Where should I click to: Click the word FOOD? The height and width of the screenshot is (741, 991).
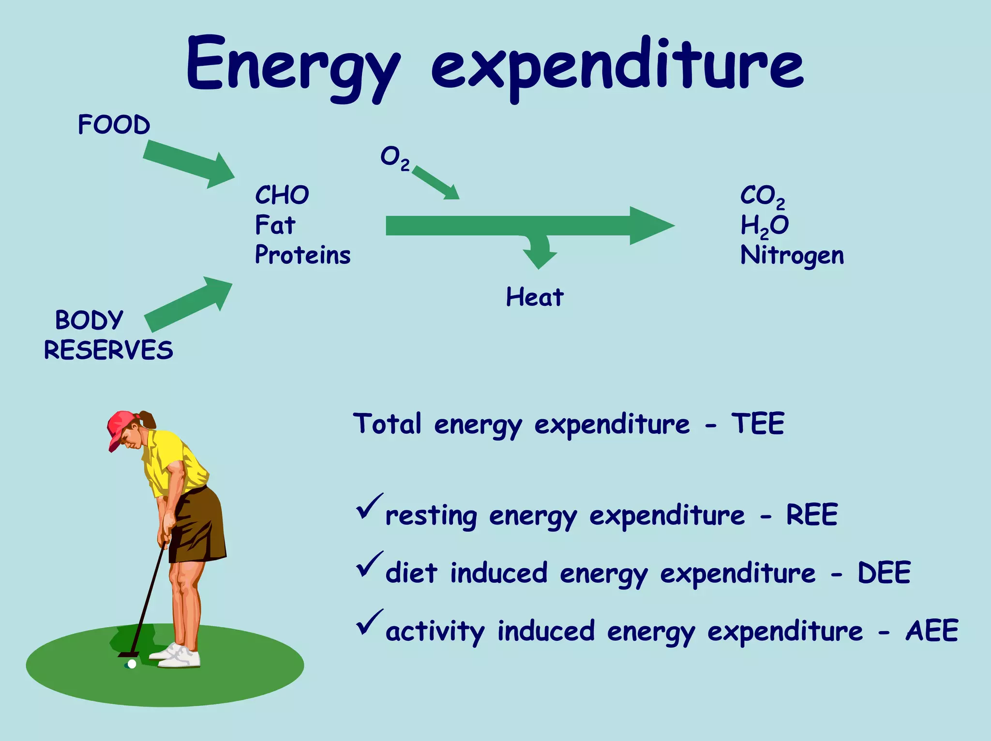tap(114, 125)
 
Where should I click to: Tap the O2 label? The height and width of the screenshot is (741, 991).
tap(394, 158)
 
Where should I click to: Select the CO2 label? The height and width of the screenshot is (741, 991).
tap(762, 196)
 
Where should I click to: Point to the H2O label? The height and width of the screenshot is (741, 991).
tap(765, 226)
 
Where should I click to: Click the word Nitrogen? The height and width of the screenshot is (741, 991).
tap(792, 256)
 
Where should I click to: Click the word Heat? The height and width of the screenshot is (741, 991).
tap(535, 297)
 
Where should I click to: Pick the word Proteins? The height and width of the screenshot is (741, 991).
tap(303, 255)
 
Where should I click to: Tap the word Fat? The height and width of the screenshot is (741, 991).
tap(275, 225)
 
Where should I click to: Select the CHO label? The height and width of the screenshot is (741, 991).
tap(282, 195)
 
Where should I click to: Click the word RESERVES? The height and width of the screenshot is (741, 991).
tap(108, 350)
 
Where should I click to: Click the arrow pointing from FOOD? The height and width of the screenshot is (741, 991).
tap(189, 163)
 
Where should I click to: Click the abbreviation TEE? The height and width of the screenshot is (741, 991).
tap(757, 423)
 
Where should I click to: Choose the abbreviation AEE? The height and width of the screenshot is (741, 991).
tap(932, 631)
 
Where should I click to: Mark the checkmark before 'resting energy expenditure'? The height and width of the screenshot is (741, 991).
tap(369, 506)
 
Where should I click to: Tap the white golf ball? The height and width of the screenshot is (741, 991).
tap(132, 664)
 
